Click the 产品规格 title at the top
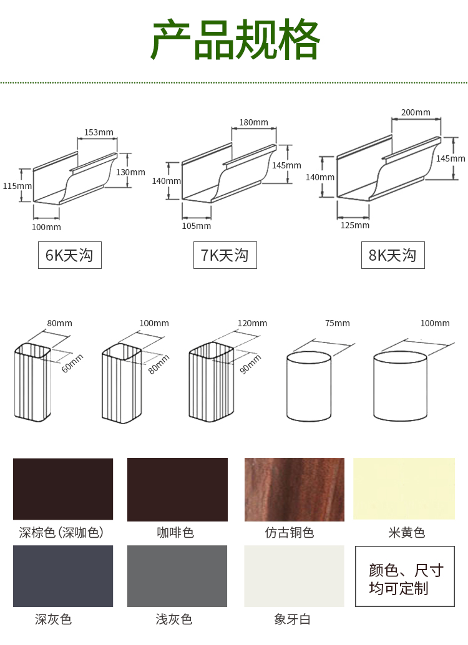pos(235,39)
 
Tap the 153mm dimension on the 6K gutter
pos(99,132)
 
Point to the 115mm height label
pos(17,186)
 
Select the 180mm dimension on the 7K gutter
pos(253,122)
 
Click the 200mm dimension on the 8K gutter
pos(416,112)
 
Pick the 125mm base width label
pos(355,225)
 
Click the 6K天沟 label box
pos(69,255)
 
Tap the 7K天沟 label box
pos(225,255)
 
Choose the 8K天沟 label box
pos(393,255)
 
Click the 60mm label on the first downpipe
pos(72,363)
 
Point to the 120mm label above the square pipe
pos(252,323)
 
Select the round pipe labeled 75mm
pos(309,386)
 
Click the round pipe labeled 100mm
pos(400,386)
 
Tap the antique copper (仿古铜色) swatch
pos(295,490)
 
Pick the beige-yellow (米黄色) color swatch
pos(404,488)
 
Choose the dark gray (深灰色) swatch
pos(63,576)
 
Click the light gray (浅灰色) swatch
pos(177,576)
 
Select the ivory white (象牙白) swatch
pos(294,576)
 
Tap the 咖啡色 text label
pos(175,533)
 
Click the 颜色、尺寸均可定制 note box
pos(405,576)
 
